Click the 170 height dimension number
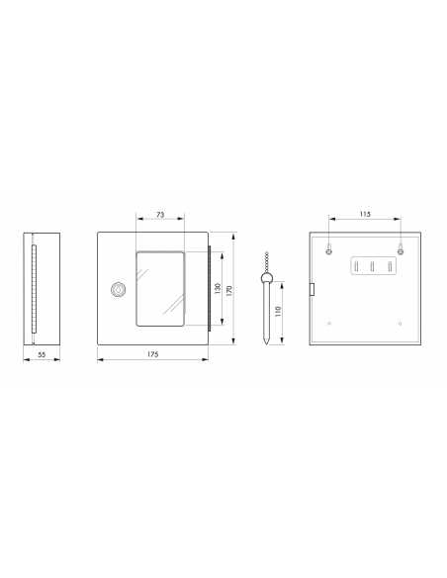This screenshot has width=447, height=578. tap(230, 290)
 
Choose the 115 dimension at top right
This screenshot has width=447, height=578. tap(364, 214)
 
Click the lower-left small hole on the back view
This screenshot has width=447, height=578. tap(328, 324)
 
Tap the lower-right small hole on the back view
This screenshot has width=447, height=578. tap(399, 324)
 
